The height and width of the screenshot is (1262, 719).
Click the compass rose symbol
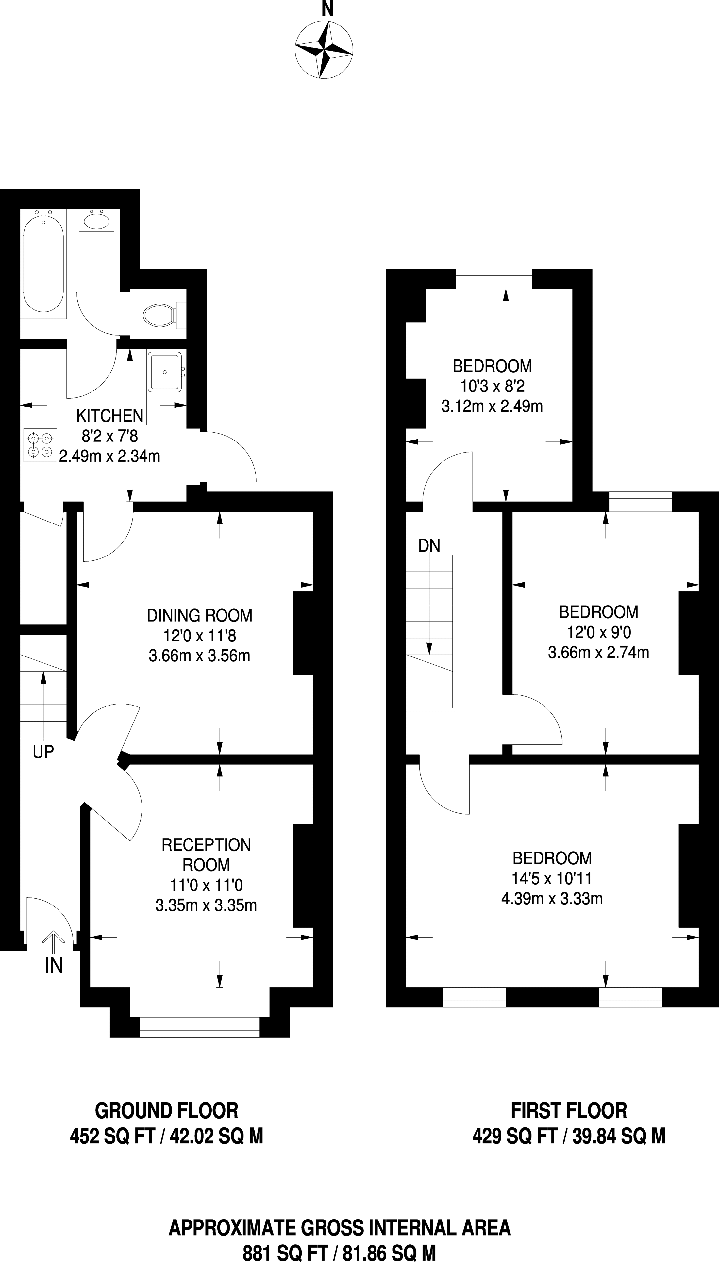pos(324,50)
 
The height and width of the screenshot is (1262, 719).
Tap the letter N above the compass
pos(326,9)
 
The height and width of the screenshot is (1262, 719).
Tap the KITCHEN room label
pos(109,416)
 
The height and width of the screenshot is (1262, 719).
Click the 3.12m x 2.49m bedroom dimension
pos(492,407)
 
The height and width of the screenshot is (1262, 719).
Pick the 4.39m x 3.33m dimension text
pos(552,898)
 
